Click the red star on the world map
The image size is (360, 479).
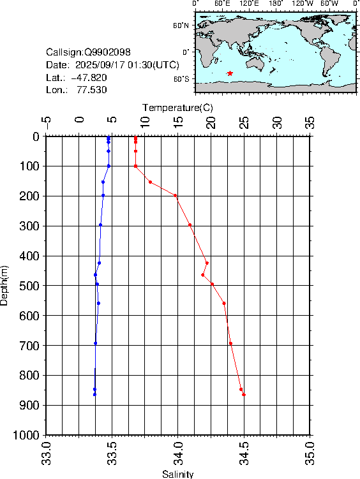pyautogui.click(x=230, y=73)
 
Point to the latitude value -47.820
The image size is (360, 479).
pyautogui.click(x=89, y=77)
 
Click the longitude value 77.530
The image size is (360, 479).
pyautogui.click(x=92, y=90)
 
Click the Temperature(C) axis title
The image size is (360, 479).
pyautogui.click(x=177, y=107)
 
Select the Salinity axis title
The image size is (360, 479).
pyautogui.click(x=177, y=474)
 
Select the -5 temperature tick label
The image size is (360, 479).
pyautogui.click(x=46, y=121)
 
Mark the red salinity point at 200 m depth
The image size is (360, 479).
pyautogui.click(x=176, y=196)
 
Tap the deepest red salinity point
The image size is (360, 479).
pyautogui.click(x=244, y=395)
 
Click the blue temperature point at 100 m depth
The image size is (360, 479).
pyautogui.click(x=109, y=166)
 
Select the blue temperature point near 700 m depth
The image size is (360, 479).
pyautogui.click(x=96, y=343)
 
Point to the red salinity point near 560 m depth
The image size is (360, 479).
pyautogui.click(x=224, y=303)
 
